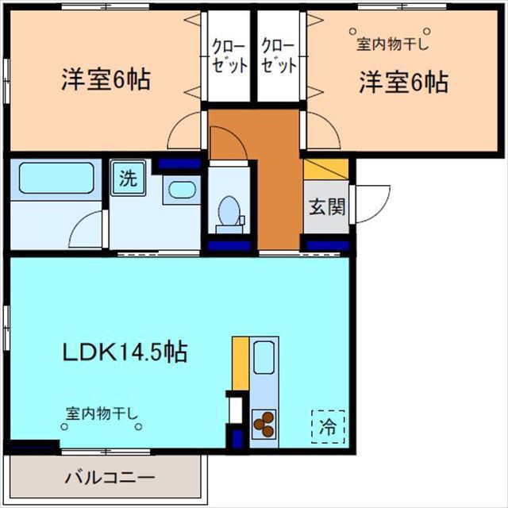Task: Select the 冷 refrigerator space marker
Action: point(328,425)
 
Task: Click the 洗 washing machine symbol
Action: point(128,179)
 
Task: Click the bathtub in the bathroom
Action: point(56,178)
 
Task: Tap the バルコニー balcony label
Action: point(110,479)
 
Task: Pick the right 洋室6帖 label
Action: point(403,81)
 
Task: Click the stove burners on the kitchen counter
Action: point(264,425)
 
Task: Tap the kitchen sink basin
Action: point(264,356)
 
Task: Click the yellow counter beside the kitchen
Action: point(240,364)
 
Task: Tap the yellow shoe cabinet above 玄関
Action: point(326,169)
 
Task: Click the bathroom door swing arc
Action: point(87,231)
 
